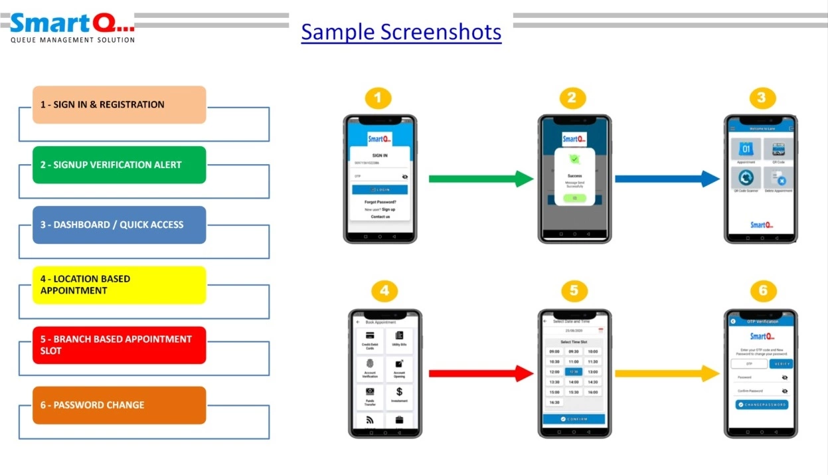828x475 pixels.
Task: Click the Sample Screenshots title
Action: tap(401, 31)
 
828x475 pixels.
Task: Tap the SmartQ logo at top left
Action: tap(72, 27)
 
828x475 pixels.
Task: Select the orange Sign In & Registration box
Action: tap(120, 104)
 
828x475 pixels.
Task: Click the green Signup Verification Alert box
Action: tap(120, 165)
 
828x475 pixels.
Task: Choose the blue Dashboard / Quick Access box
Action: tap(120, 225)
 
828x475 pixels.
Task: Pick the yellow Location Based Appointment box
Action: tap(120, 285)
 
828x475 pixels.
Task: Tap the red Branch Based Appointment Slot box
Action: tap(120, 345)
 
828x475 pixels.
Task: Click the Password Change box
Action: tap(120, 405)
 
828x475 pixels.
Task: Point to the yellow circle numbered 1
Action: tap(378, 99)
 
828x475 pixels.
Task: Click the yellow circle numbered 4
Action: tap(384, 292)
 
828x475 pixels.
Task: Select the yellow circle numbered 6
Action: tap(763, 292)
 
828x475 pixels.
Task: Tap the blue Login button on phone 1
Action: tap(380, 189)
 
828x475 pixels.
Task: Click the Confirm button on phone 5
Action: tap(574, 419)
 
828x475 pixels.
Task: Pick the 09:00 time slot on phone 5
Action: tap(554, 351)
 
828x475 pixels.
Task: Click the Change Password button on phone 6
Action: tap(762, 405)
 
